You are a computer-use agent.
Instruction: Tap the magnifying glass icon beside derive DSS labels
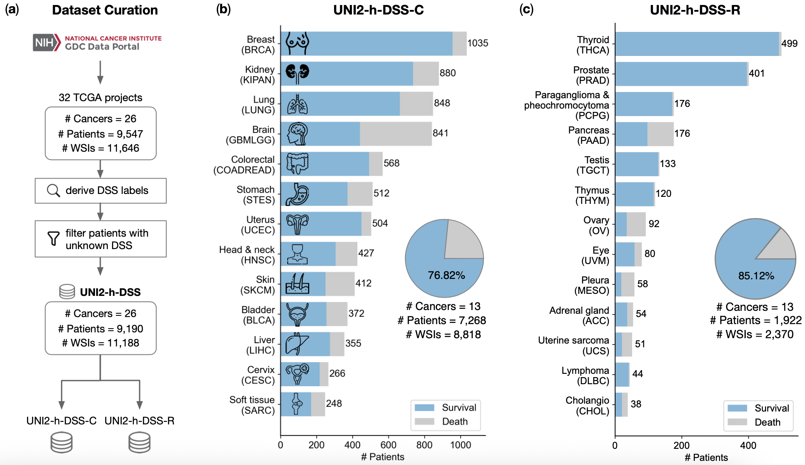point(53,191)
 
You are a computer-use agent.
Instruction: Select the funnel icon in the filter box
point(53,238)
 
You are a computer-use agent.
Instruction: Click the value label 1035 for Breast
point(478,43)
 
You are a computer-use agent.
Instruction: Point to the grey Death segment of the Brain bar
point(395,134)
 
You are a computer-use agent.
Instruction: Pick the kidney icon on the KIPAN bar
point(297,72)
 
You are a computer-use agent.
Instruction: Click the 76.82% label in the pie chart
point(446,275)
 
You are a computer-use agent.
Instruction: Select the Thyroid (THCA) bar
point(696,44)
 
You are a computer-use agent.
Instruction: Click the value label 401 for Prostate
point(757,73)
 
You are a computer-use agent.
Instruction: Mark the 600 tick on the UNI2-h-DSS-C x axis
point(388,445)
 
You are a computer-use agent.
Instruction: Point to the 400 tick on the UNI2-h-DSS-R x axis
point(748,446)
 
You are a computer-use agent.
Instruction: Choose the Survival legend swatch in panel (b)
point(424,407)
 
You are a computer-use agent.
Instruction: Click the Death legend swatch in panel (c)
point(737,422)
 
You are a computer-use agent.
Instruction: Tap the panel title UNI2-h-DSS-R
point(695,10)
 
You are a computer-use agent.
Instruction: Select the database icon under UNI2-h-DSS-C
point(61,442)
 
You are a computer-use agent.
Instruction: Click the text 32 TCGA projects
point(100,97)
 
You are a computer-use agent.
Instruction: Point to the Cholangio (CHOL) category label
point(587,406)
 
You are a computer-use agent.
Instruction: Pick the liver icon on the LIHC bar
point(297,344)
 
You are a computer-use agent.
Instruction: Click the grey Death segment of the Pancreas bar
point(660,134)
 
